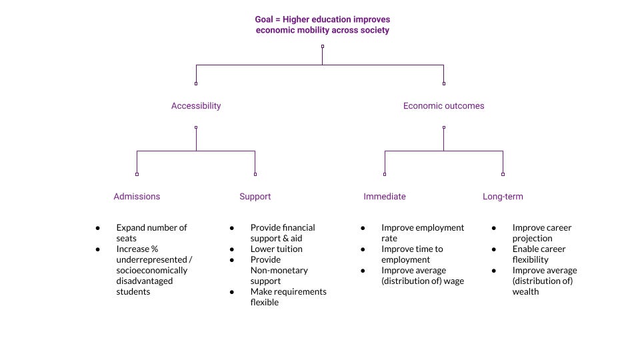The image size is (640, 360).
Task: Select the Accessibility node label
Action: pos(196,105)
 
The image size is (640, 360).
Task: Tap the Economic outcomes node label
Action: pos(443,105)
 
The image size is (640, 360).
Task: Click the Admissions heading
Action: pos(137,196)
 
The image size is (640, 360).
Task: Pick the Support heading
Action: pos(255,196)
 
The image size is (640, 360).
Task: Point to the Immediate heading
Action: pos(385,196)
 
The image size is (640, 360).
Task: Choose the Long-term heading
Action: pos(503,196)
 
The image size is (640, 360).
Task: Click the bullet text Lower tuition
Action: pos(276,249)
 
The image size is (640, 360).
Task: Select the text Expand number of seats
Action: pos(151,233)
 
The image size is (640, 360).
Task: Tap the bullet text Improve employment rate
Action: pos(423,233)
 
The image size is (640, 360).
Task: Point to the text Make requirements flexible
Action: pos(288,297)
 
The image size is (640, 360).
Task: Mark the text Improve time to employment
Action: pos(412,254)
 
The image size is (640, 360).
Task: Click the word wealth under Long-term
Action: pos(525,291)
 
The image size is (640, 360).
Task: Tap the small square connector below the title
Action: pos(323,47)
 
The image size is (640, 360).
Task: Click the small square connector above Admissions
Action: pos(137,174)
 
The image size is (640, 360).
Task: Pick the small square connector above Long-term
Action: pos(503,174)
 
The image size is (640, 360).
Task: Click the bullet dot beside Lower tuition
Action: pos(232,249)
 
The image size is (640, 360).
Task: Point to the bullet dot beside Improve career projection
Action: pos(494,227)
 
